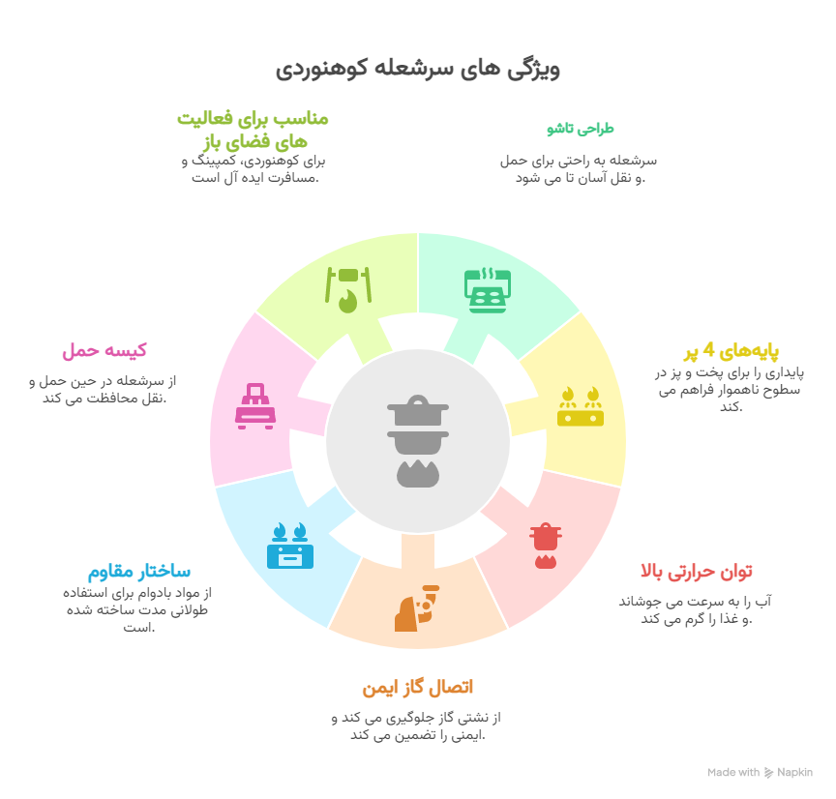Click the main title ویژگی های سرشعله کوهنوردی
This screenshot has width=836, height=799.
[x=417, y=70]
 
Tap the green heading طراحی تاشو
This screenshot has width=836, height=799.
[x=581, y=129]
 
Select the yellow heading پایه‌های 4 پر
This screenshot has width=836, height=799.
[x=731, y=351]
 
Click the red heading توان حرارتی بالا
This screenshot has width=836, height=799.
[x=697, y=572]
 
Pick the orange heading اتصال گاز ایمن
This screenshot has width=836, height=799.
[x=417, y=687]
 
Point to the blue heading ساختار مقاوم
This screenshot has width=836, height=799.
[x=139, y=572]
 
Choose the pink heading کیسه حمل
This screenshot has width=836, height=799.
[x=104, y=351]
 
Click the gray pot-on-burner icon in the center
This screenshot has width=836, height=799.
[x=418, y=441]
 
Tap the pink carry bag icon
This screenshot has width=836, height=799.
[x=255, y=406]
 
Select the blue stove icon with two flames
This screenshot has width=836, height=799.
[x=290, y=546]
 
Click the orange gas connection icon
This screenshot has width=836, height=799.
[x=417, y=608]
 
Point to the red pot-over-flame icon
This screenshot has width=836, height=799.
[x=546, y=546]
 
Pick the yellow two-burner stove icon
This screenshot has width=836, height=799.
[x=581, y=406]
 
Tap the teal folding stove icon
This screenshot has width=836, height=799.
[x=488, y=290]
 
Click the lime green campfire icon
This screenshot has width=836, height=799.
[x=348, y=290]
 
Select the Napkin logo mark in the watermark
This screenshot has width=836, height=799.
[x=768, y=772]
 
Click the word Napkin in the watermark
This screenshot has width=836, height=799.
[x=794, y=772]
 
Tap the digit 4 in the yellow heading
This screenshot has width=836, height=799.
[x=708, y=349]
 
